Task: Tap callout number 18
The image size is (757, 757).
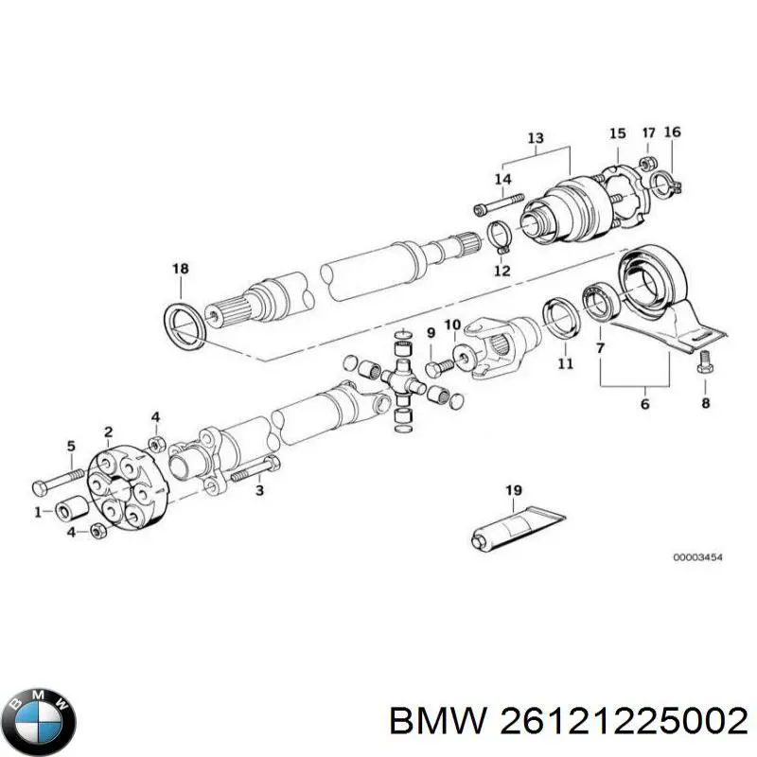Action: click(x=180, y=270)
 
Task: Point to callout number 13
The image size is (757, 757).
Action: click(x=536, y=139)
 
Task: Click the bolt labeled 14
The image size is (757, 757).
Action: click(x=499, y=205)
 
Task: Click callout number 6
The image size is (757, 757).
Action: click(x=644, y=404)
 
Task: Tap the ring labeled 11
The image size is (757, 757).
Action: click(x=559, y=318)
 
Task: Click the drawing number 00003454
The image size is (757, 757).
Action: click(x=697, y=558)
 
